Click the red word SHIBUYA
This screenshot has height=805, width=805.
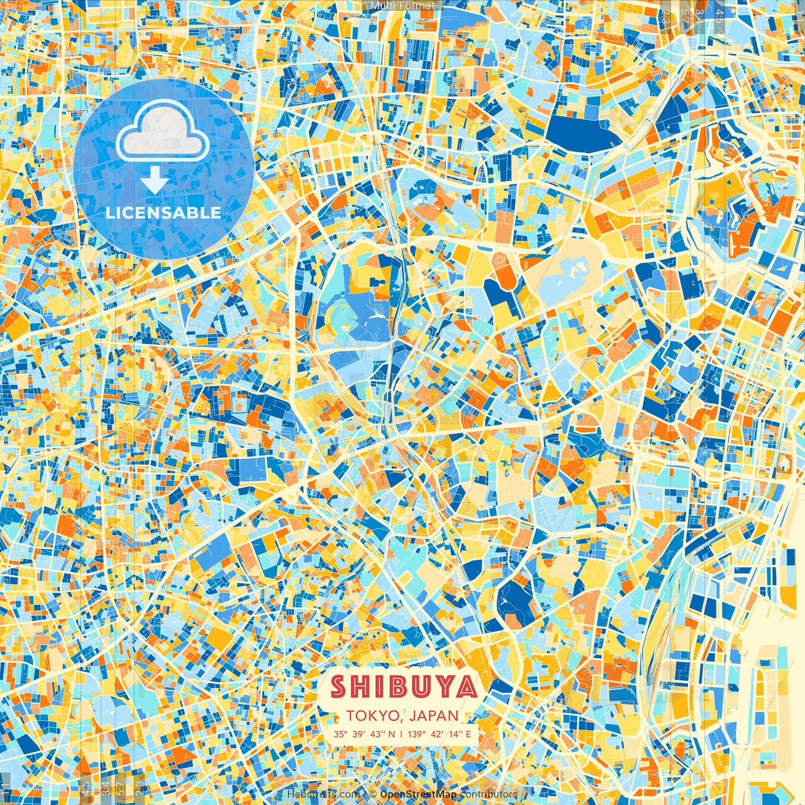(x=403, y=687)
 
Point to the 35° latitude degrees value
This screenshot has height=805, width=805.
(x=340, y=734)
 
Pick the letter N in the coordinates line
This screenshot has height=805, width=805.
(x=392, y=734)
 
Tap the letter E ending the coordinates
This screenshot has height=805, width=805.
(x=468, y=734)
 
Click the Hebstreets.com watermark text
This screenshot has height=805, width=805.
(x=323, y=794)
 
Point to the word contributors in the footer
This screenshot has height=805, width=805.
(x=489, y=794)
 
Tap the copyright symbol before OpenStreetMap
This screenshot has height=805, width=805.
(x=373, y=794)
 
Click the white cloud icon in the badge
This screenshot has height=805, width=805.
(x=163, y=133)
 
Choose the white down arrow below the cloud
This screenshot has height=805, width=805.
(x=154, y=182)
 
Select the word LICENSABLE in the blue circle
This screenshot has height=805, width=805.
(x=164, y=213)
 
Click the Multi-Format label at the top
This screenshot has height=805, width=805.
(x=402, y=6)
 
